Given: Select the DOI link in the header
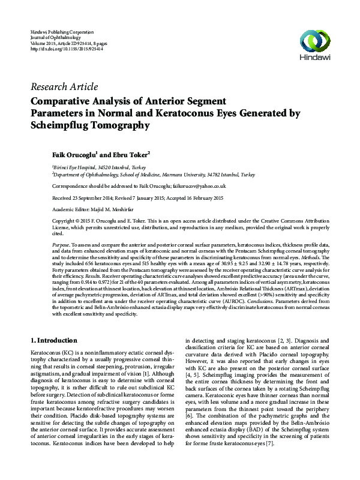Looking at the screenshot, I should tap(65, 49).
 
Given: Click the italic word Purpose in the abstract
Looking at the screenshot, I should tap(60, 246).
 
